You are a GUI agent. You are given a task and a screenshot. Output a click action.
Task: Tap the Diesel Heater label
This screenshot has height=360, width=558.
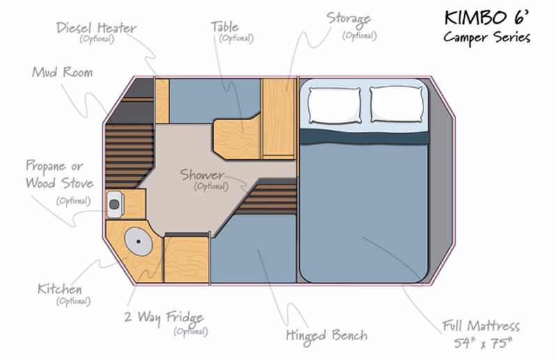click(96, 29)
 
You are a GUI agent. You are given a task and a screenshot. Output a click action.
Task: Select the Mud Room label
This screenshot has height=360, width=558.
click(61, 72)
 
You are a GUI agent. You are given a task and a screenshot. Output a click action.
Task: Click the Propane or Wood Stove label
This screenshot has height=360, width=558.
click(55, 175)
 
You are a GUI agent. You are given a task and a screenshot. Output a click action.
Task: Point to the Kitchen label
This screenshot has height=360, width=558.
click(59, 289)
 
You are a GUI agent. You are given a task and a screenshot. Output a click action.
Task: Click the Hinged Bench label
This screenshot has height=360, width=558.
click(326, 334)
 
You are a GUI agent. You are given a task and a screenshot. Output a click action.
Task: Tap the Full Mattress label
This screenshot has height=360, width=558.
click(481, 326)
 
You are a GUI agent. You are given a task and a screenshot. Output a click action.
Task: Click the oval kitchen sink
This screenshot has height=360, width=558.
click(137, 243)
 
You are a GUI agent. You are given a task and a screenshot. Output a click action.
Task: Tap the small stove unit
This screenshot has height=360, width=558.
click(115, 204)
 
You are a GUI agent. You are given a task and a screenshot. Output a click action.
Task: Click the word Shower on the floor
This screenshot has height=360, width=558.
click(202, 174)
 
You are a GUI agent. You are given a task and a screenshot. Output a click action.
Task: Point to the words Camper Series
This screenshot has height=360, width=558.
click(487, 36)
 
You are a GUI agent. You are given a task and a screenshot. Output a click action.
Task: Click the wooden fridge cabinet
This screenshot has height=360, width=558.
click(186, 259)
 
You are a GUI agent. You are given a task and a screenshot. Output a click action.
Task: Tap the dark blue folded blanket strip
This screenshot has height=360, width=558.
click(363, 135)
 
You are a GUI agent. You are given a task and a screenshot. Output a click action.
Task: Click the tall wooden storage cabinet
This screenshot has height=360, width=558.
click(278, 117)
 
